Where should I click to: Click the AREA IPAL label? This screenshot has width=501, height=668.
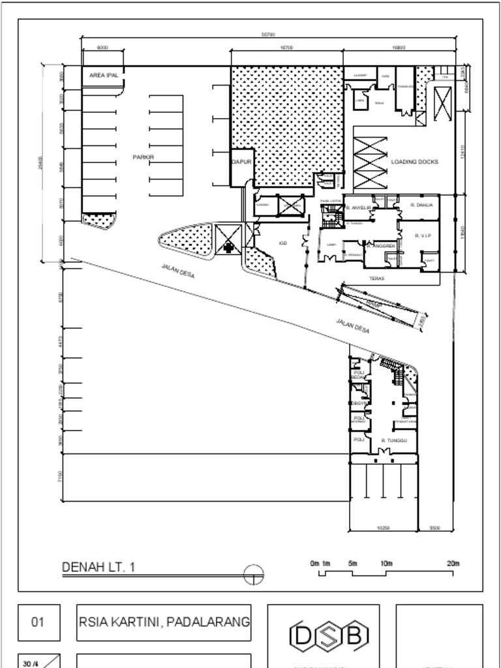pyautogui.click(x=103, y=76)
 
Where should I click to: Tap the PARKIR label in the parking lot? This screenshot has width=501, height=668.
pyautogui.click(x=143, y=157)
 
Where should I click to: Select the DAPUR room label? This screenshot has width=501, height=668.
pyautogui.click(x=241, y=161)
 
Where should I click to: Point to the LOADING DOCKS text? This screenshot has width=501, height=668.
pyautogui.click(x=414, y=162)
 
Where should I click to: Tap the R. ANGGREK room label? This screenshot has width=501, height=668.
pyautogui.click(x=381, y=246)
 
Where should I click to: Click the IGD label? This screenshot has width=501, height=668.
pyautogui.click(x=283, y=243)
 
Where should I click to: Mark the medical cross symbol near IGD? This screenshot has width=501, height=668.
pyautogui.click(x=228, y=247)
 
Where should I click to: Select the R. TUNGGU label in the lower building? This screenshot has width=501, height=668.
pyautogui.click(x=394, y=440)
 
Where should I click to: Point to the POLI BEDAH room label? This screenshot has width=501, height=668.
pyautogui.click(x=358, y=375)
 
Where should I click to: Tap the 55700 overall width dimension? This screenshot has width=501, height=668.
pyautogui.click(x=267, y=34)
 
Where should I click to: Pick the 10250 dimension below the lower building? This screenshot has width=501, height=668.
pyautogui.click(x=383, y=528)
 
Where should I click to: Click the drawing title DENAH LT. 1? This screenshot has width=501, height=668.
pyautogui.click(x=99, y=567)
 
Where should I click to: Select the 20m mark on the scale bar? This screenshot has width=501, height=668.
pyautogui.click(x=451, y=563)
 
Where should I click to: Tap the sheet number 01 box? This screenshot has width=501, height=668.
pyautogui.click(x=38, y=622)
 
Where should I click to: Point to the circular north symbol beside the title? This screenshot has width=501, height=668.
pyautogui.click(x=254, y=575)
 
